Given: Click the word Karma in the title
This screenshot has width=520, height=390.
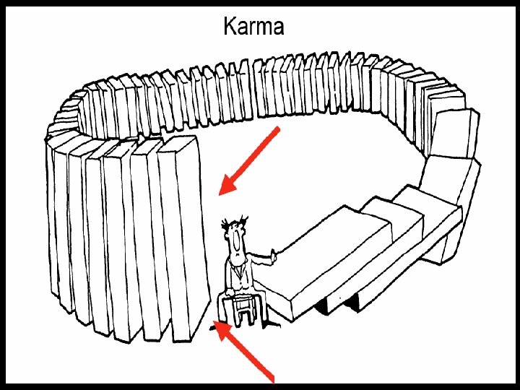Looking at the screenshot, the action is [253, 27].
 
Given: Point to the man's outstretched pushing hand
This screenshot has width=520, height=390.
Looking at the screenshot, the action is [274, 253].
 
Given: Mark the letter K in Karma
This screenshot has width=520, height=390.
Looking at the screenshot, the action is [230, 27].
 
